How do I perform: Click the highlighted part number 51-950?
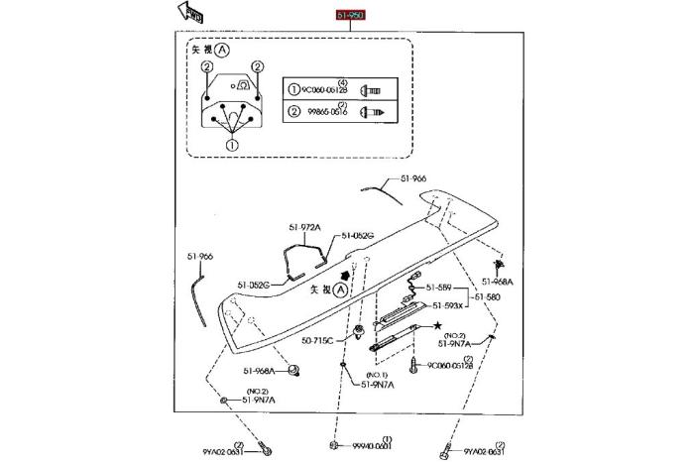pos(350,17)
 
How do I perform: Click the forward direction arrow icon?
pos(189,13)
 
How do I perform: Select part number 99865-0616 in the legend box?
pos(323,112)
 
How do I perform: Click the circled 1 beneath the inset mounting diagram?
pos(232,145)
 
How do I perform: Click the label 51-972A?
pos(304,227)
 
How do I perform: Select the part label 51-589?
pos(439,288)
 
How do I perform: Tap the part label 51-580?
pos(487,295)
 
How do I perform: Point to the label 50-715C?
pos(318,340)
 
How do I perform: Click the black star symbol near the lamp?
pos(435,325)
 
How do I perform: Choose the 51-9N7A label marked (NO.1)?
pos(377,384)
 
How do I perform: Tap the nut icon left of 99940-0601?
pos(336,445)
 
